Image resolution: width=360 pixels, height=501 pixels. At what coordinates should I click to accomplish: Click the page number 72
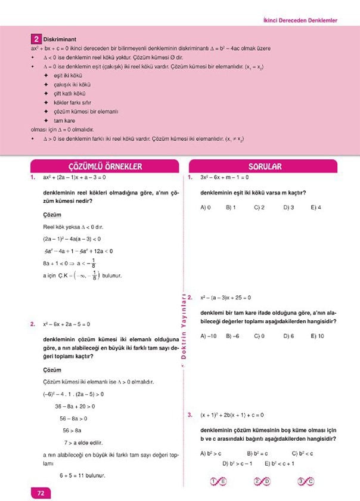pos(41,493)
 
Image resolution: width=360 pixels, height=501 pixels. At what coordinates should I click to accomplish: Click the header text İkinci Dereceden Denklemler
pos(300,20)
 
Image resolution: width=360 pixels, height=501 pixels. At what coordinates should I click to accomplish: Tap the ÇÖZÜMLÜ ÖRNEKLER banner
pos(105,166)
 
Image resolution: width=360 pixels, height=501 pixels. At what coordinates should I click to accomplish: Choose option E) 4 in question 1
pos(316,208)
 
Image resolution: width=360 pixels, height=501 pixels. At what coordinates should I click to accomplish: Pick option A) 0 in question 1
pos(206,208)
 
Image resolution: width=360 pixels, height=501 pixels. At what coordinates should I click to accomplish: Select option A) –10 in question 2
pos(209,336)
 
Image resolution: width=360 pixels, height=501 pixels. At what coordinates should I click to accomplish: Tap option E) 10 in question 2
pos(317,336)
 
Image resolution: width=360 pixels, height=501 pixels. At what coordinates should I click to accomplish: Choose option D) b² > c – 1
pos(237,463)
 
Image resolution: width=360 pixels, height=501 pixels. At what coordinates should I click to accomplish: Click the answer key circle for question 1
pos(218,481)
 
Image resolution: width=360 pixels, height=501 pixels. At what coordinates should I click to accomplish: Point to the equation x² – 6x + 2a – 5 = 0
pos(66,324)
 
